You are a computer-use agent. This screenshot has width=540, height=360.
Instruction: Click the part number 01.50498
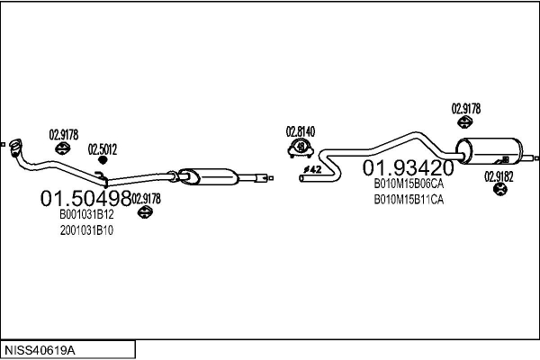[86, 198]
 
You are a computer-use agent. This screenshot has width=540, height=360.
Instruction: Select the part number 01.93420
[409, 167]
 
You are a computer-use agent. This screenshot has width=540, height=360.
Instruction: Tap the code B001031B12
[86, 214]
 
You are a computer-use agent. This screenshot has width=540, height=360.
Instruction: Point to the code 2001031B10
[86, 230]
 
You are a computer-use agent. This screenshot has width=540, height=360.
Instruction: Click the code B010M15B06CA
[409, 184]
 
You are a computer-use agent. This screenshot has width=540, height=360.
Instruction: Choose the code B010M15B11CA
[409, 200]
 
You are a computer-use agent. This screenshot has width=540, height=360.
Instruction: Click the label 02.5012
[103, 149]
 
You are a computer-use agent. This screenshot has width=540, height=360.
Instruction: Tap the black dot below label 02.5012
[103, 160]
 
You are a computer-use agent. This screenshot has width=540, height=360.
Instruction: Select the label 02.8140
[301, 131]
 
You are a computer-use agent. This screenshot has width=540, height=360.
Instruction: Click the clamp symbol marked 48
[301, 148]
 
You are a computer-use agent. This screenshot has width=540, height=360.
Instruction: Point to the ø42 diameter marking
[312, 169]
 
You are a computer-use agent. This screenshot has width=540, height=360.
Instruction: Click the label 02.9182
[499, 176]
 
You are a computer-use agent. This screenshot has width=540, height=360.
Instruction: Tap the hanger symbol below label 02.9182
[499, 189]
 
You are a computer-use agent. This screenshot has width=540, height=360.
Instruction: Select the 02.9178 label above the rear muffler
[466, 109]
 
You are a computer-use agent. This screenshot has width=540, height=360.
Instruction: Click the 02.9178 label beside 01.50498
[147, 199]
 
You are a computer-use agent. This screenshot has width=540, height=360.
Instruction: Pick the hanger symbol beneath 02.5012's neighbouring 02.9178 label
[63, 148]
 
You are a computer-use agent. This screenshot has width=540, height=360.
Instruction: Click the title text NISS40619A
[40, 351]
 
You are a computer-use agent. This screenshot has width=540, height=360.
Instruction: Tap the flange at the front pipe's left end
[15, 148]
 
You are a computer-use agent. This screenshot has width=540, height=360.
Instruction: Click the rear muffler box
[489, 151]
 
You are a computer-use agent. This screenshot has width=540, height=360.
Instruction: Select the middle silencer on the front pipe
[208, 176]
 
